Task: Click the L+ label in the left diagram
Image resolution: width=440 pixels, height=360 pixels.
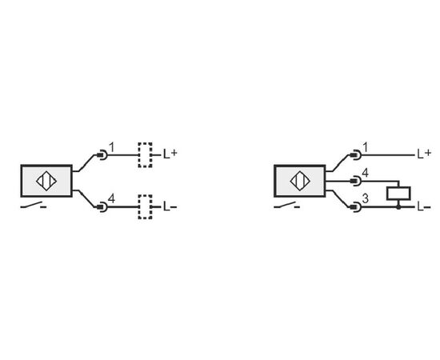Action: (x=170, y=154)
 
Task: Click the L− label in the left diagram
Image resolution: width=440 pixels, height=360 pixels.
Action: (x=170, y=207)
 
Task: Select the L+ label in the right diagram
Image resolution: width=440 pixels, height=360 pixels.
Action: (x=424, y=154)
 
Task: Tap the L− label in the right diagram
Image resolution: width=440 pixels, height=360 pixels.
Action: (x=424, y=207)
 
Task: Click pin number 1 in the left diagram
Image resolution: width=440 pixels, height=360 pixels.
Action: (x=112, y=147)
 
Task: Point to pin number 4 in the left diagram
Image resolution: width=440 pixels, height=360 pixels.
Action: (x=111, y=199)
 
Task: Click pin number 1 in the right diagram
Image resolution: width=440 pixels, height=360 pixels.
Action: (x=365, y=147)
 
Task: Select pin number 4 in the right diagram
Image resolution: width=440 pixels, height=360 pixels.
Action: (x=365, y=173)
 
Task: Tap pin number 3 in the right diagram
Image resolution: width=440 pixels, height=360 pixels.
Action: (x=365, y=198)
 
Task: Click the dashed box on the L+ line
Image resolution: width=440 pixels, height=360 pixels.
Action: (x=145, y=155)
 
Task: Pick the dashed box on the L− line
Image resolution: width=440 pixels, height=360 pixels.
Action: (x=145, y=206)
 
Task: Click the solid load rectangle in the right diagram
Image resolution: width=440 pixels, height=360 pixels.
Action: (x=398, y=194)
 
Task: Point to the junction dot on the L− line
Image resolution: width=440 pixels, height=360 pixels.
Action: (x=398, y=207)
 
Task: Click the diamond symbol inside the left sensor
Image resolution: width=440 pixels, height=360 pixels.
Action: (x=46, y=181)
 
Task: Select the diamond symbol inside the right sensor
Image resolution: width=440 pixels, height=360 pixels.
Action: (x=300, y=181)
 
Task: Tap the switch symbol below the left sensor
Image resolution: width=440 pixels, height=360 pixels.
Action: (x=34, y=206)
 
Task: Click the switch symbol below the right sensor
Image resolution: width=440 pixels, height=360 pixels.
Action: (x=286, y=206)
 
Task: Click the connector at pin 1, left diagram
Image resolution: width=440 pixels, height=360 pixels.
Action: (x=102, y=155)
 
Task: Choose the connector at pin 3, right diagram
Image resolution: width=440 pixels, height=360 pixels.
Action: (x=355, y=207)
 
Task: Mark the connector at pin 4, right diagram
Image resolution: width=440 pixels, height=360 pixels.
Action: (x=355, y=181)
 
